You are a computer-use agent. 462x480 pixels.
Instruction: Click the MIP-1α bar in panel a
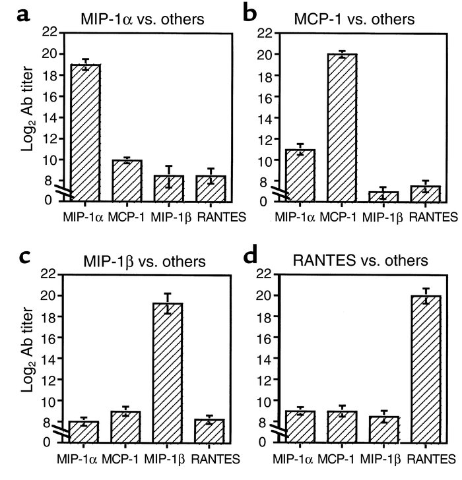pos(86,132)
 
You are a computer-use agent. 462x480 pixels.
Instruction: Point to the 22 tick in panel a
pos(51,32)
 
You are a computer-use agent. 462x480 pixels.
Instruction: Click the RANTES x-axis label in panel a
pos(211,216)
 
